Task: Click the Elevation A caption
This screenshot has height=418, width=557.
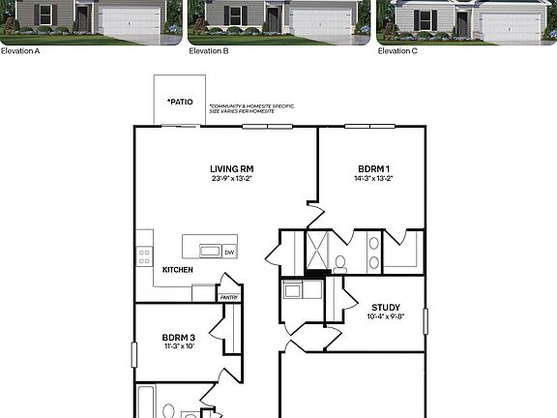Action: click(x=20, y=50)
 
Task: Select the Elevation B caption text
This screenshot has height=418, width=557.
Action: click(x=209, y=50)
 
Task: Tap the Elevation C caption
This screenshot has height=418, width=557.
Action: click(x=397, y=50)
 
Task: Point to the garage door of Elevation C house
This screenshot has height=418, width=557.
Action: click(x=510, y=25)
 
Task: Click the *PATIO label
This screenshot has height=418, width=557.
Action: click(x=179, y=101)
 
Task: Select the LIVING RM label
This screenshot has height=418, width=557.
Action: click(x=232, y=168)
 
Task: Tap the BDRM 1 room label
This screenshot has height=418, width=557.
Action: click(x=372, y=168)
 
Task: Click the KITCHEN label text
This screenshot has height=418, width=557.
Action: click(x=177, y=269)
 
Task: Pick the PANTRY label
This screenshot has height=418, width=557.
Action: click(x=229, y=298)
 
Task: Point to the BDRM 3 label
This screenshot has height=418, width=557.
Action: click(x=179, y=337)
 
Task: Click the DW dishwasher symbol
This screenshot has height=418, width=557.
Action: click(x=229, y=252)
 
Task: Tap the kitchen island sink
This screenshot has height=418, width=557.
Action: click(x=209, y=251)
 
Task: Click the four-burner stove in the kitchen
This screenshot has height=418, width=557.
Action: click(x=144, y=255)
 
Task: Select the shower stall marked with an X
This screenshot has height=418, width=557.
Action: click(x=318, y=249)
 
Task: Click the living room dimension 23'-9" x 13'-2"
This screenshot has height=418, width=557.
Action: click(x=232, y=178)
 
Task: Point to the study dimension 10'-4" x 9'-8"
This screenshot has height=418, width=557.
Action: click(x=385, y=316)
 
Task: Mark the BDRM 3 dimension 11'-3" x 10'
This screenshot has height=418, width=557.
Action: click(x=179, y=345)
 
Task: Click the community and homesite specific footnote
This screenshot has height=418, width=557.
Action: click(x=251, y=108)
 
